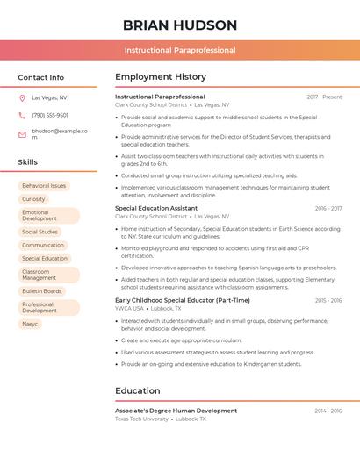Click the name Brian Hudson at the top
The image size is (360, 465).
click(180, 25)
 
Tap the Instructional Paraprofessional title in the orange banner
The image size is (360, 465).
click(180, 51)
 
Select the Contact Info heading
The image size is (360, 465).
click(41, 77)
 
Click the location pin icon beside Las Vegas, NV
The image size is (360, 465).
click(22, 98)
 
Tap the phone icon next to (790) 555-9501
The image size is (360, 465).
click(22, 116)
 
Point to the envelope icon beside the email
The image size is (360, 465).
click(22, 134)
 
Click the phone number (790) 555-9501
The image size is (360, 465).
click(50, 116)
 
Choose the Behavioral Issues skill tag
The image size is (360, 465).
click(44, 186)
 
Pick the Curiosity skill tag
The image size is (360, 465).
click(33, 199)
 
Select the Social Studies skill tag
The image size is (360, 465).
click(40, 232)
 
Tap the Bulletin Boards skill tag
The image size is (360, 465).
click(42, 291)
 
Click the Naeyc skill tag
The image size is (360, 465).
click(30, 325)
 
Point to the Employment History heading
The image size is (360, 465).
click(161, 77)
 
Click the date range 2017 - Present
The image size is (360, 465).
click(324, 97)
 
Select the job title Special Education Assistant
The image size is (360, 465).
click(156, 209)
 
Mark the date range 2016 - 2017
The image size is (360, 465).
click(328, 209)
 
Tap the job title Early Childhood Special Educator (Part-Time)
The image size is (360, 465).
click(183, 300)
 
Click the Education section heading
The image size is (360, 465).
click(138, 391)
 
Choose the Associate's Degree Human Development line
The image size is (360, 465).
click(176, 411)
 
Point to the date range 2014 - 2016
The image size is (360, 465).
click(328, 411)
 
